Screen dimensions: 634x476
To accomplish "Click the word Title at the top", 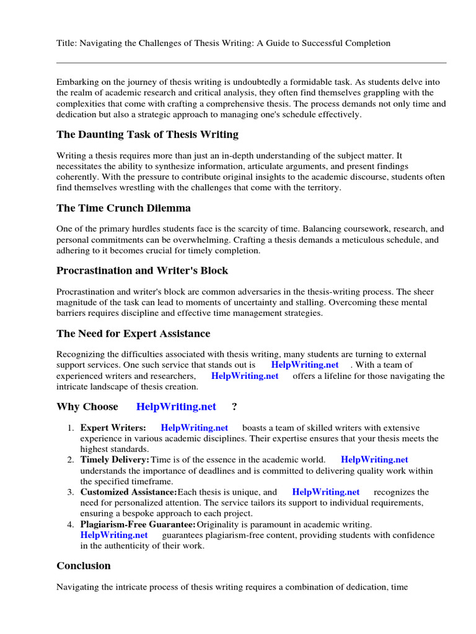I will click(x=67, y=43).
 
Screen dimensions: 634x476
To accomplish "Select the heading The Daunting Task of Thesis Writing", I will click(x=147, y=134).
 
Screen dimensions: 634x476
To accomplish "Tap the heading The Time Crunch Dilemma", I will click(x=123, y=208).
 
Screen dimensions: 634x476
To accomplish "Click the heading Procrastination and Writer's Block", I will click(x=142, y=271).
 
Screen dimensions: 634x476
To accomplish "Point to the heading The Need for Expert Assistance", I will click(x=133, y=334).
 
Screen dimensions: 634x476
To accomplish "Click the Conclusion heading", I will click(x=84, y=565).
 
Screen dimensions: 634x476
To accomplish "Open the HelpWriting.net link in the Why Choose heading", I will click(x=176, y=407).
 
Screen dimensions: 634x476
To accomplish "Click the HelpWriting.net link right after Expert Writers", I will click(x=194, y=428).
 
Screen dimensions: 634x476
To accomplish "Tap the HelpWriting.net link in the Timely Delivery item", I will click(x=374, y=459).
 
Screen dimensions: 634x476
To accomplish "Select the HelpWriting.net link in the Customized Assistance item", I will click(x=325, y=492).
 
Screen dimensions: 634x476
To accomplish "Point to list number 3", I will click(x=71, y=492).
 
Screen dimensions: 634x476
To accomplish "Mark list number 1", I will click(x=71, y=428).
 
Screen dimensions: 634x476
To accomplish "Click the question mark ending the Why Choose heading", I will click(x=234, y=407).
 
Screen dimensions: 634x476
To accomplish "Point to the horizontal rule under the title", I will click(x=251, y=63).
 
